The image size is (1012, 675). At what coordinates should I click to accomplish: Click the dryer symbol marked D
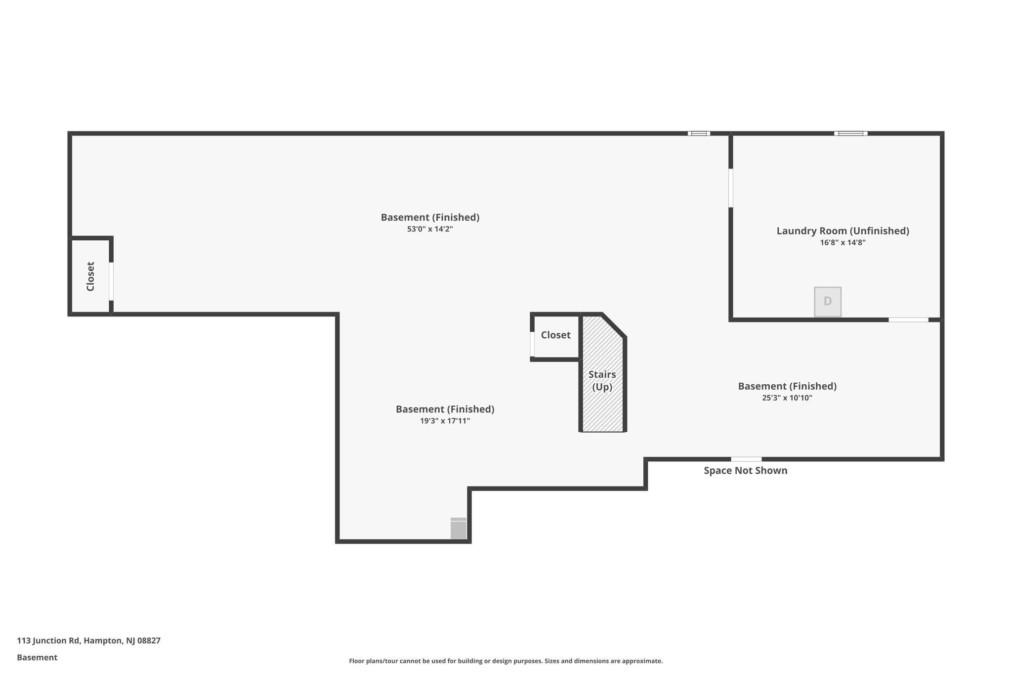click(x=828, y=301)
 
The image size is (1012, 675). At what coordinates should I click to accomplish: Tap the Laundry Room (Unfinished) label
click(x=843, y=231)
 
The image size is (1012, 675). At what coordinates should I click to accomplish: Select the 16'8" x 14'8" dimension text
click(x=843, y=243)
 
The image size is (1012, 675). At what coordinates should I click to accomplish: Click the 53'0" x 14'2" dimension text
click(x=430, y=229)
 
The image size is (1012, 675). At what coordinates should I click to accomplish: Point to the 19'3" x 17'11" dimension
click(x=445, y=421)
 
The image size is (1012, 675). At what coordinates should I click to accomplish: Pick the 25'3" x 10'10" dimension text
click(x=787, y=398)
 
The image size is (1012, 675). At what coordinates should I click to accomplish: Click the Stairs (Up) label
click(x=602, y=381)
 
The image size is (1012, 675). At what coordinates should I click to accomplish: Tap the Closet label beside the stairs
click(x=555, y=335)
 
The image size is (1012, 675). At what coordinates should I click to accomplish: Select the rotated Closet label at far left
click(x=90, y=276)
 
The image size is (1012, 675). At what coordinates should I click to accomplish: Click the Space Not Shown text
click(x=745, y=471)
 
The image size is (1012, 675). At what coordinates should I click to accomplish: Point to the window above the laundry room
click(x=850, y=134)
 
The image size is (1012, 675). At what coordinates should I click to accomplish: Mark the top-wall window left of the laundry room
click(x=699, y=134)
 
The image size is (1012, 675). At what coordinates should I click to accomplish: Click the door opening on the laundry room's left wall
click(x=731, y=188)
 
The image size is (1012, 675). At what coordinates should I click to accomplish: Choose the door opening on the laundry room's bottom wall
click(x=908, y=320)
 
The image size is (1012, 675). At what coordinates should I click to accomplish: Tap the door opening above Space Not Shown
click(x=746, y=459)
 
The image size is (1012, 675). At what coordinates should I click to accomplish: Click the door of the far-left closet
click(x=111, y=281)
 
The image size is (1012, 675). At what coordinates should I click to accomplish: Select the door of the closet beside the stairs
click(x=532, y=344)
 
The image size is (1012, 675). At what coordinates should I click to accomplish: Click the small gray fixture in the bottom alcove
click(x=459, y=529)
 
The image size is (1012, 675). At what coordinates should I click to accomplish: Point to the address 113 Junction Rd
click(x=88, y=640)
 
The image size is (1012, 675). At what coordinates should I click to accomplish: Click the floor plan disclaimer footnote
click(x=506, y=661)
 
